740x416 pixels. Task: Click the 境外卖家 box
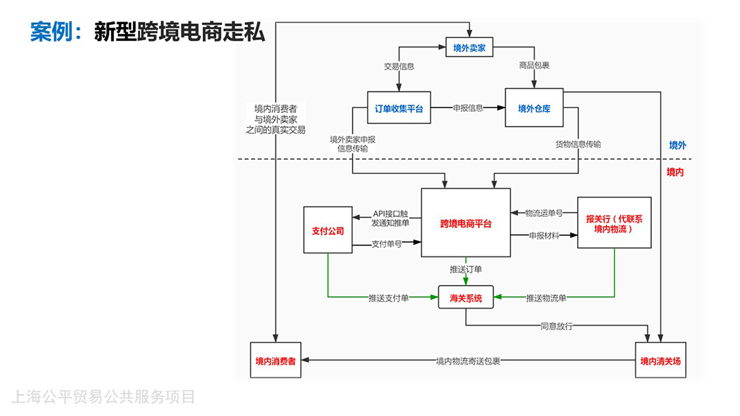469,48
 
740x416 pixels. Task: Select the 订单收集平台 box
399,108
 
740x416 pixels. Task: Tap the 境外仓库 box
533,108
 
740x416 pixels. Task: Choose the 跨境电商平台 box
465,224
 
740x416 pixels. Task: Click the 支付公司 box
327,230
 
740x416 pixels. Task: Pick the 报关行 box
614,223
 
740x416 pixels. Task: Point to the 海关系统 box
465,298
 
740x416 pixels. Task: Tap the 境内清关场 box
660,361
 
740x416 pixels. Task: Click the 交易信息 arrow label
399,67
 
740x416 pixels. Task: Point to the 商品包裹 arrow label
534,66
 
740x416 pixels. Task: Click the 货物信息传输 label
578,144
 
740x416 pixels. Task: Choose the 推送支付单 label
388,298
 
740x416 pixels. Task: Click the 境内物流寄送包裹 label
468,361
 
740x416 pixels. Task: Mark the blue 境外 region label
678,146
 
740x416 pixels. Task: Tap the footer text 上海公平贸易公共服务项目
103,397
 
